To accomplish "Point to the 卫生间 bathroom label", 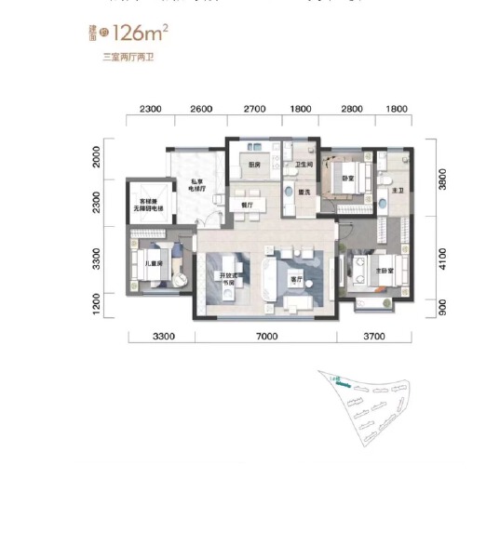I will (303, 167).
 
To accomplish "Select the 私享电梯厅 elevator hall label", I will (197, 187).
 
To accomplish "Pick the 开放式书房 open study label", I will (225, 280).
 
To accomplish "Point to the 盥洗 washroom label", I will (304, 193).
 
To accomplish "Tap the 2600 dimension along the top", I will (201, 110).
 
